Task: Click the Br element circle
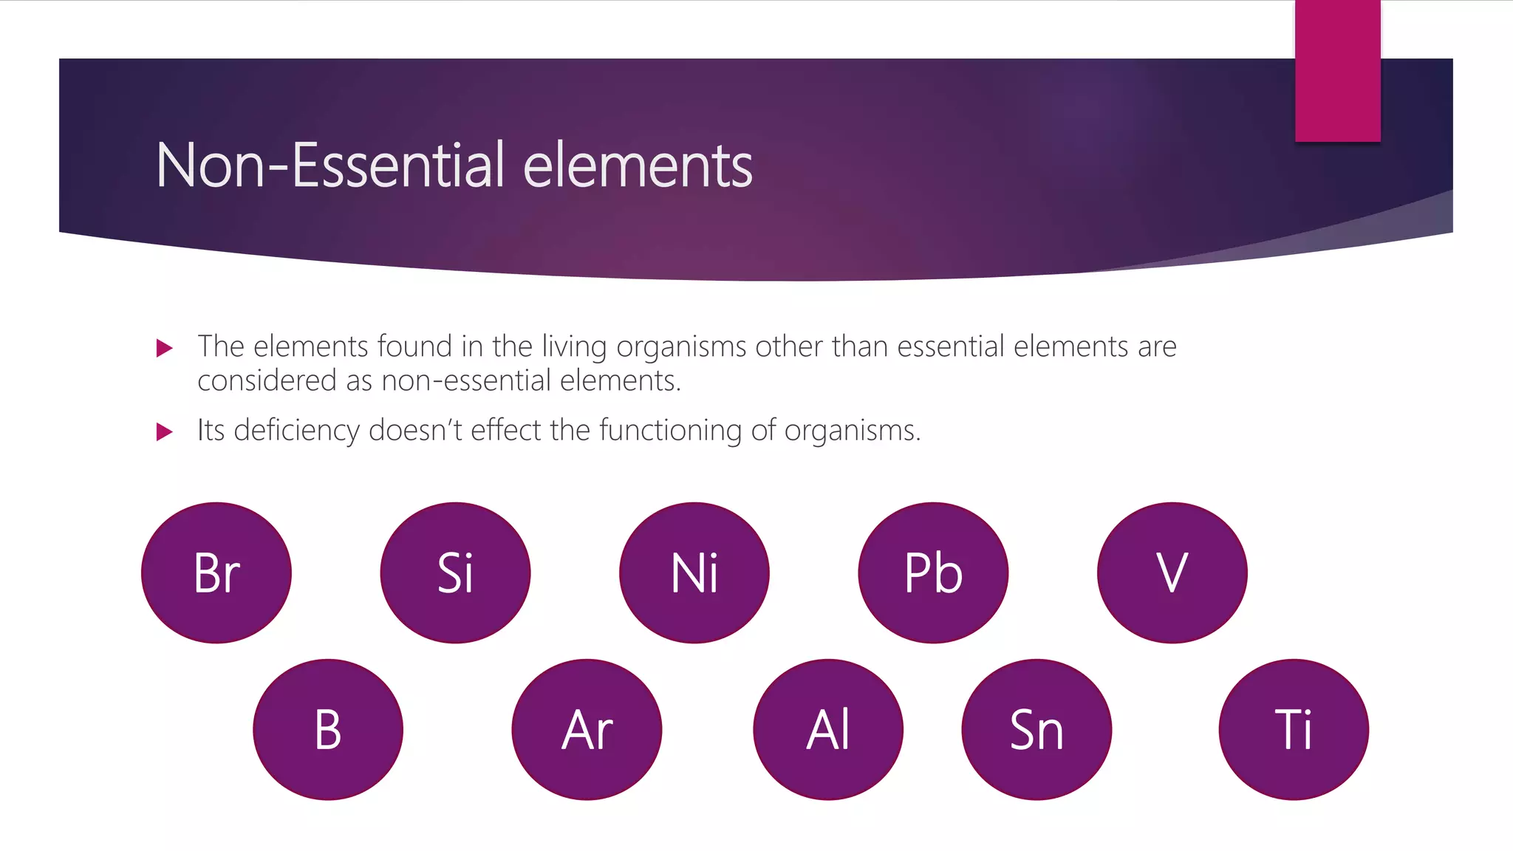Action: [x=216, y=573]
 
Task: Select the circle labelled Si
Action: [x=455, y=573]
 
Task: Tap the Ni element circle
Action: [x=694, y=573]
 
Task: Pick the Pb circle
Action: [x=933, y=573]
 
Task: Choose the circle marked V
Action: [x=1172, y=573]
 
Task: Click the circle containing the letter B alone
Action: [x=328, y=730]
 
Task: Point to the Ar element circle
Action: [x=587, y=730]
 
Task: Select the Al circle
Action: [x=828, y=730]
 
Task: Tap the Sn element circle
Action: [x=1036, y=730]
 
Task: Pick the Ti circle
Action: [x=1294, y=730]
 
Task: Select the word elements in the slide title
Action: [x=638, y=165]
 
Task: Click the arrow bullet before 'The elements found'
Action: [x=165, y=348]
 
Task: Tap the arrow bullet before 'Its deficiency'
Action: [x=165, y=431]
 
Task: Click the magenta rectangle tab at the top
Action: [x=1337, y=70]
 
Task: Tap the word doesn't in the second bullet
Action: [x=415, y=430]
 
